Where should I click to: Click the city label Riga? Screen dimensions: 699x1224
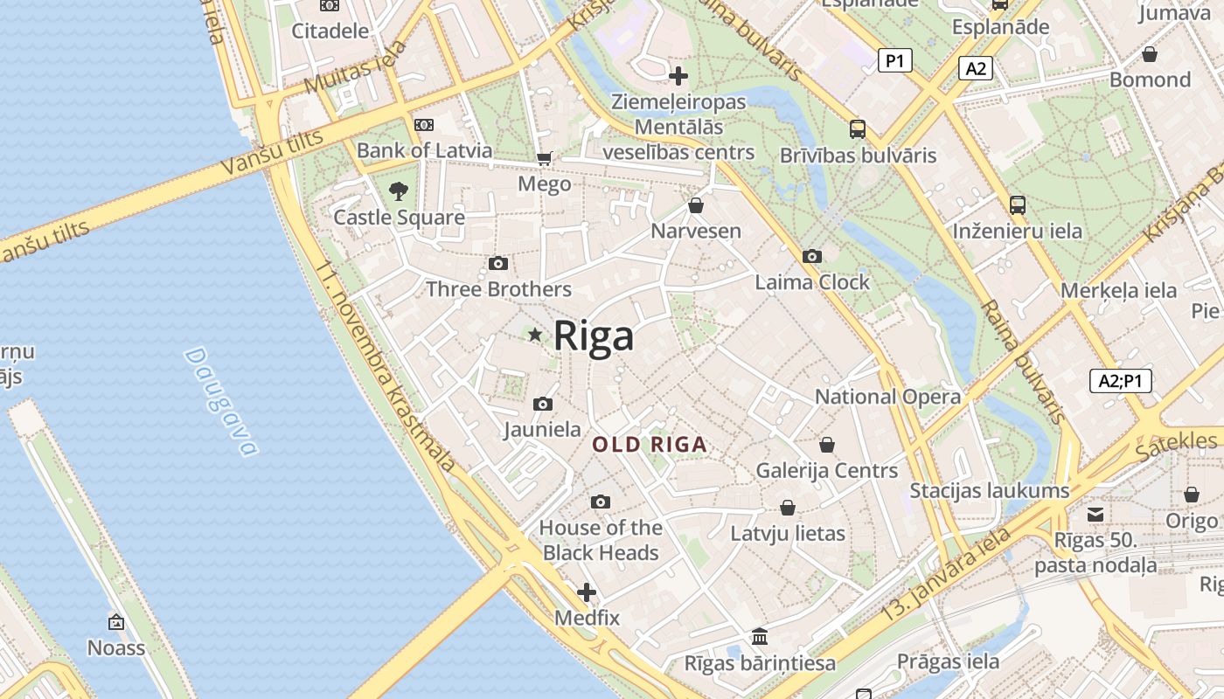pos(594,336)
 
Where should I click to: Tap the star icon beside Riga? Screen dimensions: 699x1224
pos(535,335)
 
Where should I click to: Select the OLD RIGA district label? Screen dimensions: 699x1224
pos(650,445)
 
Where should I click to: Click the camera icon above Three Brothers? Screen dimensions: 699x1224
pos(497,263)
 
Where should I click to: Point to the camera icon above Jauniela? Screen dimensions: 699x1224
pos(543,404)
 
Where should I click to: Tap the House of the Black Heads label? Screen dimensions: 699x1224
pos(601,540)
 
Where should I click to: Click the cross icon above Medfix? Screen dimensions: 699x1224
pos(587,592)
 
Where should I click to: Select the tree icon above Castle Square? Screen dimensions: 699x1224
pos(399,190)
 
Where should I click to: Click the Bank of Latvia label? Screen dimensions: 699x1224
pos(425,150)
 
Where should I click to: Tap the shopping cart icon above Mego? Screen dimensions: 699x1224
pos(544,158)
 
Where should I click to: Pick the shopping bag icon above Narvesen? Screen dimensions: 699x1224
pos(696,205)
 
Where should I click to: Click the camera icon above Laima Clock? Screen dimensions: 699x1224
pos(812,256)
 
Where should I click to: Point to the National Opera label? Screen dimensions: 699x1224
pos(887,397)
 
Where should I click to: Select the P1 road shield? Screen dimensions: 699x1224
pos(894,60)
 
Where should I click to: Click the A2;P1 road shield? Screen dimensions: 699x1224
pos(1120,381)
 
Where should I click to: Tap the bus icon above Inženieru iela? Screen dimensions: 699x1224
pos(1017,205)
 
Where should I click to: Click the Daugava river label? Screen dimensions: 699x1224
pos(221,402)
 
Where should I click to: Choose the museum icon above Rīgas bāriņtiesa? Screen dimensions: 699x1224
pos(760,636)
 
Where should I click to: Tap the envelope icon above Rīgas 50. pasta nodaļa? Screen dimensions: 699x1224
pos(1095,514)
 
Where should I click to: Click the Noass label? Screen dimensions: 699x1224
pos(116,647)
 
